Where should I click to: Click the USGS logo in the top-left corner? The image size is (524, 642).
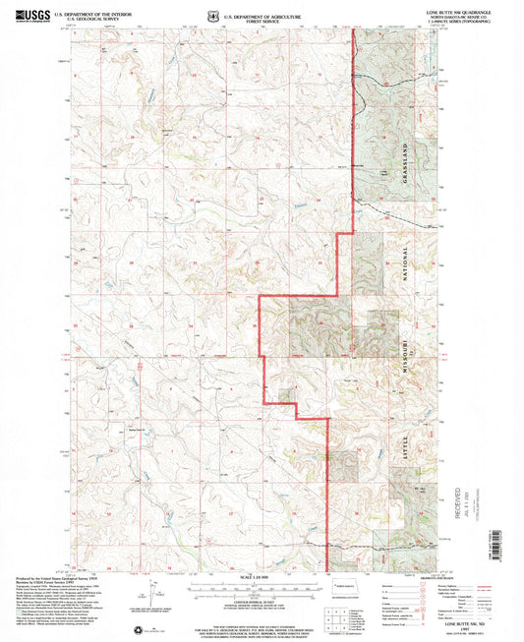tap(29, 16)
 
